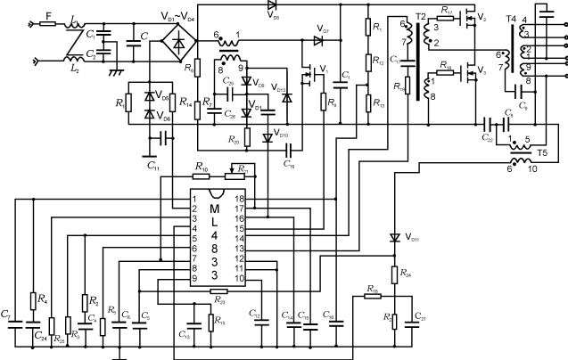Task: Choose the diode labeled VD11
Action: point(393,238)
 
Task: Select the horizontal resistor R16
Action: point(371,297)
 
